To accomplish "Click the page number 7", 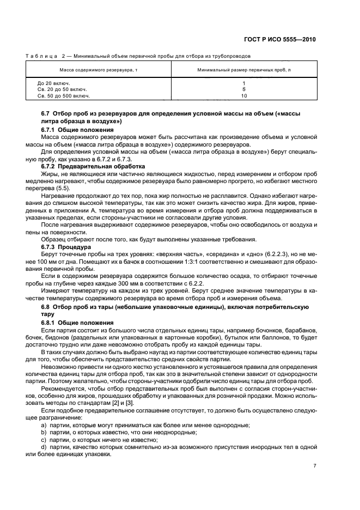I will (315, 465).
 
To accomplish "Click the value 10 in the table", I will (243, 95).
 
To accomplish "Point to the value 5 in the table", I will (243, 89).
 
